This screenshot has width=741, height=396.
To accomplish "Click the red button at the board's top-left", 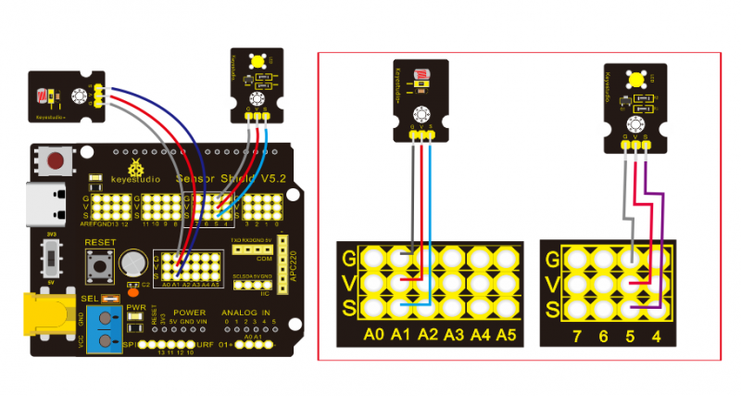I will [x=56, y=161].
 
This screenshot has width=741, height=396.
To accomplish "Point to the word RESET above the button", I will [x=99, y=242].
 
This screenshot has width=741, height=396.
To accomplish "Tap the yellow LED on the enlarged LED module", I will [x=636, y=81].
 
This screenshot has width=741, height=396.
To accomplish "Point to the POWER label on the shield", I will [x=189, y=313].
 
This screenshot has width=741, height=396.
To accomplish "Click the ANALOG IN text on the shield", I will [x=244, y=313].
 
